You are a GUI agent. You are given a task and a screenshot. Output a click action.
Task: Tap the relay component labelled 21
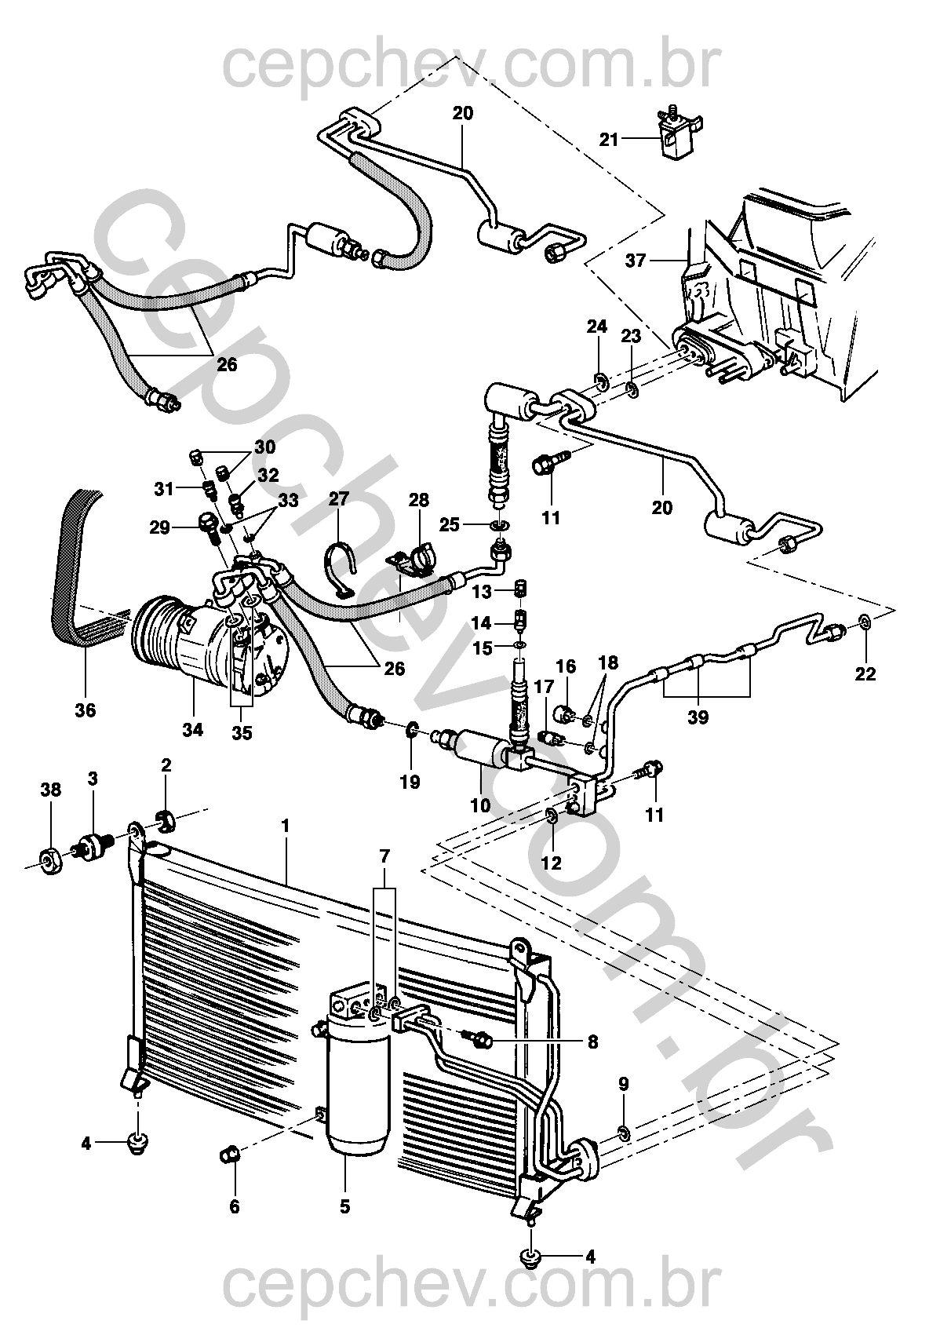point(676,135)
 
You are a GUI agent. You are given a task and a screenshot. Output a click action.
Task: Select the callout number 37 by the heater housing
point(636,260)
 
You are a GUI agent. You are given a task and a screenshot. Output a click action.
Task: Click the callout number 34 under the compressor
point(192,729)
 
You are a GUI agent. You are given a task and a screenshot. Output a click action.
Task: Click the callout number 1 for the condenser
point(286,826)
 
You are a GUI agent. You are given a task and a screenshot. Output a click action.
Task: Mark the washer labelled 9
point(622,1132)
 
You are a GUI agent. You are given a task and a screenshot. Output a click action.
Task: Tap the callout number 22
point(865,673)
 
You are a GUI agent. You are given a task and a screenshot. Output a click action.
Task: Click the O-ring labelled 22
point(865,623)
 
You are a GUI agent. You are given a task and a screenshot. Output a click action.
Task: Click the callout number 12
point(551,863)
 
